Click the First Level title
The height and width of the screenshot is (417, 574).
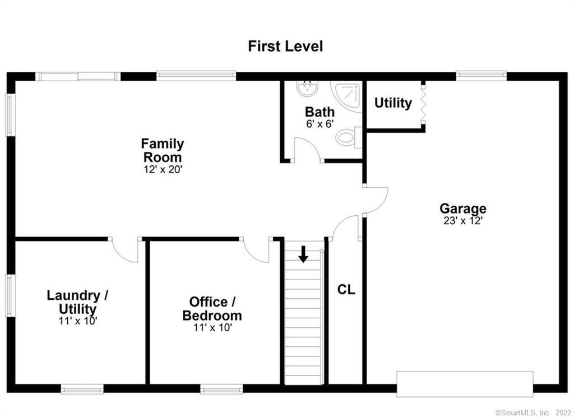[285, 47]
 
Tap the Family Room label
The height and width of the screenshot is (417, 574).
[163, 150]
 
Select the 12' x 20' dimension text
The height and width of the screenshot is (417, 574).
[163, 170]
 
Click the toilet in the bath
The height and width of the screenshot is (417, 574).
[349, 137]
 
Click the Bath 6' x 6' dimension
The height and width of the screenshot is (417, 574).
[320, 124]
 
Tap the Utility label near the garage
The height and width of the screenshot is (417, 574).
[393, 103]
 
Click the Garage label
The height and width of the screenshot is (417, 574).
[463, 208]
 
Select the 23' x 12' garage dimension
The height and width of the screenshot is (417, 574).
[463, 221]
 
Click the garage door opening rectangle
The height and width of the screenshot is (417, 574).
[465, 384]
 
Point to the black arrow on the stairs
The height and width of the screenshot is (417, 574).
[303, 254]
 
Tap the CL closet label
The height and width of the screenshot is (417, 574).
[346, 290]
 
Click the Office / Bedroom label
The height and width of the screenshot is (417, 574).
[212, 309]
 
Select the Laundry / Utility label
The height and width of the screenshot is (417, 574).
[77, 302]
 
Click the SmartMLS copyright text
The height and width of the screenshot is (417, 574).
[534, 413]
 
